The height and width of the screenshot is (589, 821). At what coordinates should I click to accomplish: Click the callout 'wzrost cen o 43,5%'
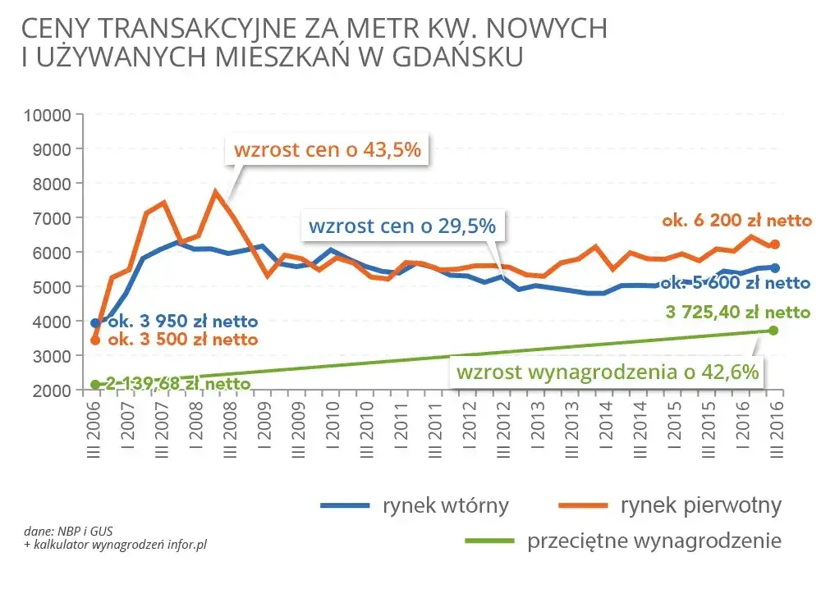pos(328,151)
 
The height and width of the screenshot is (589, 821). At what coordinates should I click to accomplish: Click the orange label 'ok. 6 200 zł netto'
pos(737,221)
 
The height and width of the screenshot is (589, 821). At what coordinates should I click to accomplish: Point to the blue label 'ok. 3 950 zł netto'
pos(182,321)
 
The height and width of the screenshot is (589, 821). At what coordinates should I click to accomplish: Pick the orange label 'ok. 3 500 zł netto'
pos(182,339)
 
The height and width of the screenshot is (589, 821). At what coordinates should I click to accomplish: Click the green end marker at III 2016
pos(773,331)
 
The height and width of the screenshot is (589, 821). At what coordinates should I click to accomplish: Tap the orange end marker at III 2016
pos(774,244)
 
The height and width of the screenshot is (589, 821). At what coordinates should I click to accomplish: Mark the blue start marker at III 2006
pos(95,323)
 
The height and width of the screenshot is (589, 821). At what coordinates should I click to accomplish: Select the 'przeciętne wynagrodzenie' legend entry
pos(623,541)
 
